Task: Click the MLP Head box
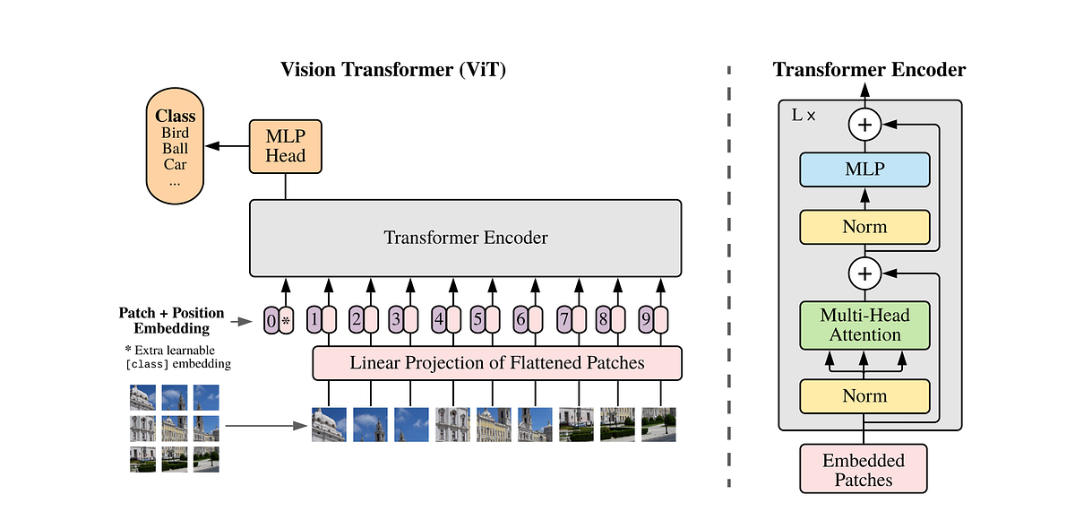pyautogui.click(x=285, y=146)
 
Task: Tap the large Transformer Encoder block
pyautogui.click(x=465, y=238)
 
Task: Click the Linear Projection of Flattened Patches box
pyautogui.click(x=496, y=363)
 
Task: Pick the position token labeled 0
pyautogui.click(x=271, y=320)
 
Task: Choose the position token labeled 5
pyautogui.click(x=477, y=318)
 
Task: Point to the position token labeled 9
pyautogui.click(x=645, y=318)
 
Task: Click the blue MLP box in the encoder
pyautogui.click(x=864, y=169)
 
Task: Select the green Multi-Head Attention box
pyautogui.click(x=864, y=325)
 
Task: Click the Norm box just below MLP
pyautogui.click(x=864, y=227)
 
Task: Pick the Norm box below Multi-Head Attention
pyautogui.click(x=864, y=395)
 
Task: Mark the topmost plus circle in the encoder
pyautogui.click(x=864, y=126)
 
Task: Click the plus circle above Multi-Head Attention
pyautogui.click(x=864, y=272)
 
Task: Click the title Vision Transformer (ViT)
pyautogui.click(x=393, y=70)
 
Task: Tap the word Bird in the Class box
pyautogui.click(x=175, y=133)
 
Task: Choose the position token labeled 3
pyautogui.click(x=395, y=318)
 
